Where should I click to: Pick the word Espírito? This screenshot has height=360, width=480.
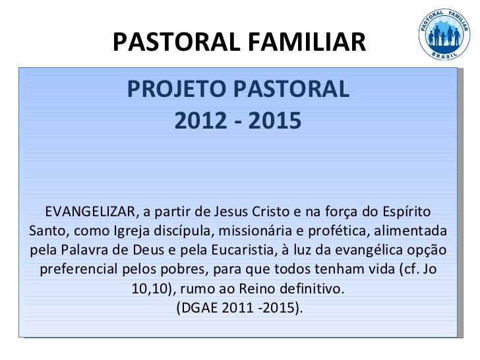tap(405, 212)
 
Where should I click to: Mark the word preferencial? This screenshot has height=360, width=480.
tap(80, 271)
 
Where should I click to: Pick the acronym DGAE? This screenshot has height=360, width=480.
tap(201, 309)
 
